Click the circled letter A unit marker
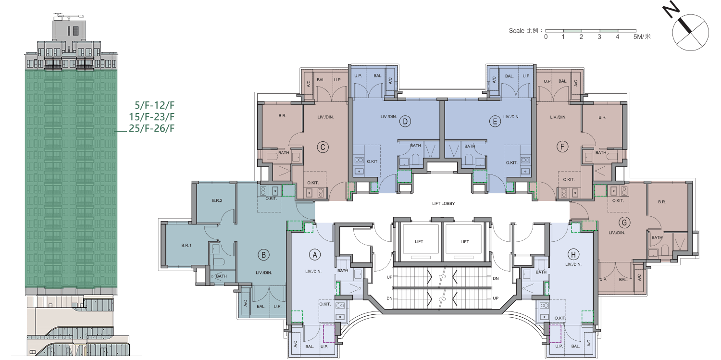click(315, 255)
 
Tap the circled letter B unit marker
click(263, 255)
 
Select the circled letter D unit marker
click(405, 122)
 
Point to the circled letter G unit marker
click(624, 223)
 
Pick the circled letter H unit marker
click(573, 255)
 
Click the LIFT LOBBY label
click(443, 204)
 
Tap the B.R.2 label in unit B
click(217, 200)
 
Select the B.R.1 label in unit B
click(186, 246)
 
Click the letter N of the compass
click(671, 12)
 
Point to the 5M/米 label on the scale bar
click(642, 37)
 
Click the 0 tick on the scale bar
click(546, 37)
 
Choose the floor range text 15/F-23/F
click(151, 117)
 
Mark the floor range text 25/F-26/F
click(151, 128)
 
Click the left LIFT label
click(419, 242)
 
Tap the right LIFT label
click(464, 242)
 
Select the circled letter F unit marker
click(562, 147)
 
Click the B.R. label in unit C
click(282, 116)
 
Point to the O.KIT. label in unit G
click(618, 200)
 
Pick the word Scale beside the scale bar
click(516, 31)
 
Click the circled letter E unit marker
click(495, 122)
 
